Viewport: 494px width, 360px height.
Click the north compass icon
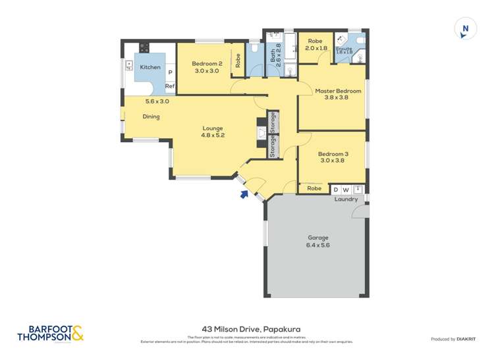[x=466, y=29]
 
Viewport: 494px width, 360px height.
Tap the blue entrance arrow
[x=245, y=193]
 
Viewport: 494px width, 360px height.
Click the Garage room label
[x=317, y=241]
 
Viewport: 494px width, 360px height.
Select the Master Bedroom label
[x=338, y=94]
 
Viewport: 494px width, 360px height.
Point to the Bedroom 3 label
[x=334, y=157]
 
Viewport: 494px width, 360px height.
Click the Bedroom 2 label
[x=205, y=67]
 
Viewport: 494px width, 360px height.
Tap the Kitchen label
[x=150, y=67]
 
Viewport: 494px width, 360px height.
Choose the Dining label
[x=151, y=117]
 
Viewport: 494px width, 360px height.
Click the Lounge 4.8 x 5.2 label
[x=212, y=132]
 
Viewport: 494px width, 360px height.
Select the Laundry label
[x=346, y=199]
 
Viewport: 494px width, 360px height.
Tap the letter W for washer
[x=346, y=190]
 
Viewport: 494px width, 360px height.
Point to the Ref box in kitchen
[x=169, y=86]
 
